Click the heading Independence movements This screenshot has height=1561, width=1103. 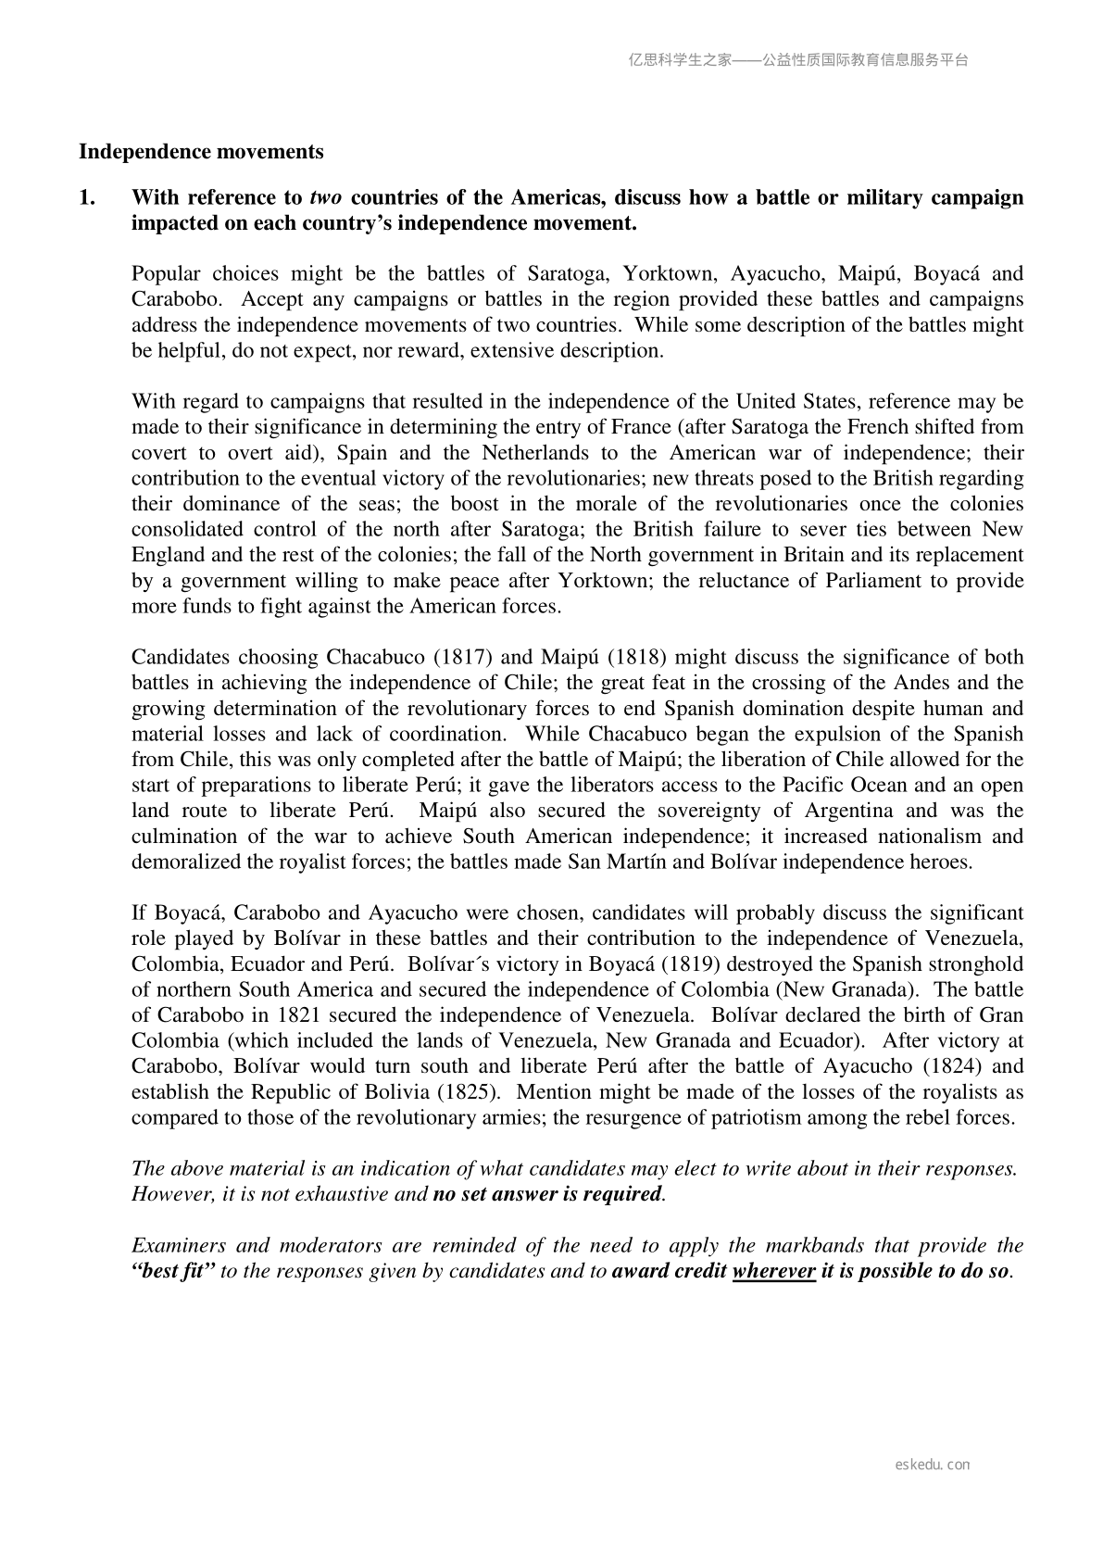pyautogui.click(x=201, y=151)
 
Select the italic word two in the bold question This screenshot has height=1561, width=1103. pyautogui.click(x=325, y=197)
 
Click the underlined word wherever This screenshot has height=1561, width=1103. pyautogui.click(x=773, y=1271)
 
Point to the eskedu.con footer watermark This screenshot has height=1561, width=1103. pyautogui.click(x=933, y=1465)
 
